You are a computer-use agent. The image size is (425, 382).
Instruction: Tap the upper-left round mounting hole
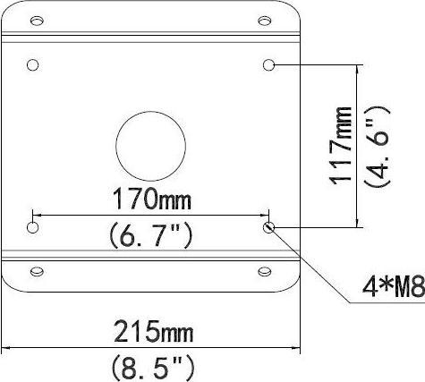pyautogui.click(x=33, y=65)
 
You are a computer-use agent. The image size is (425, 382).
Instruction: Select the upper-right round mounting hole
pyautogui.click(x=269, y=64)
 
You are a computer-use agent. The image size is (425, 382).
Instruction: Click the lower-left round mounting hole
pyautogui.click(x=33, y=228)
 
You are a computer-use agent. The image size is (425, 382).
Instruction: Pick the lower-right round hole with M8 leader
pyautogui.click(x=269, y=228)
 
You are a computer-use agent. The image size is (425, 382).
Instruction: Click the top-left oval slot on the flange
pyautogui.click(x=38, y=20)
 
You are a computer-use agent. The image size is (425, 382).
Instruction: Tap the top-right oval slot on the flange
pyautogui.click(x=264, y=20)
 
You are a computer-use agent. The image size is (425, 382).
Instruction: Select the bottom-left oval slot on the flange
pyautogui.click(x=38, y=271)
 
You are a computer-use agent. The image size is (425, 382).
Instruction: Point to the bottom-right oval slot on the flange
pyautogui.click(x=264, y=271)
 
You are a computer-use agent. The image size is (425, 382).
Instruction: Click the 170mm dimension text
pyautogui.click(x=151, y=196)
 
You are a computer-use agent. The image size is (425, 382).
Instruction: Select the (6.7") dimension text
pyautogui.click(x=151, y=236)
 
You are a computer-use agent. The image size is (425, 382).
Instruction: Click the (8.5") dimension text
pyautogui.click(x=152, y=367)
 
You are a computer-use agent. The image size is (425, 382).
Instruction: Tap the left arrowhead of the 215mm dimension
pyautogui.click(x=8, y=347)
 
